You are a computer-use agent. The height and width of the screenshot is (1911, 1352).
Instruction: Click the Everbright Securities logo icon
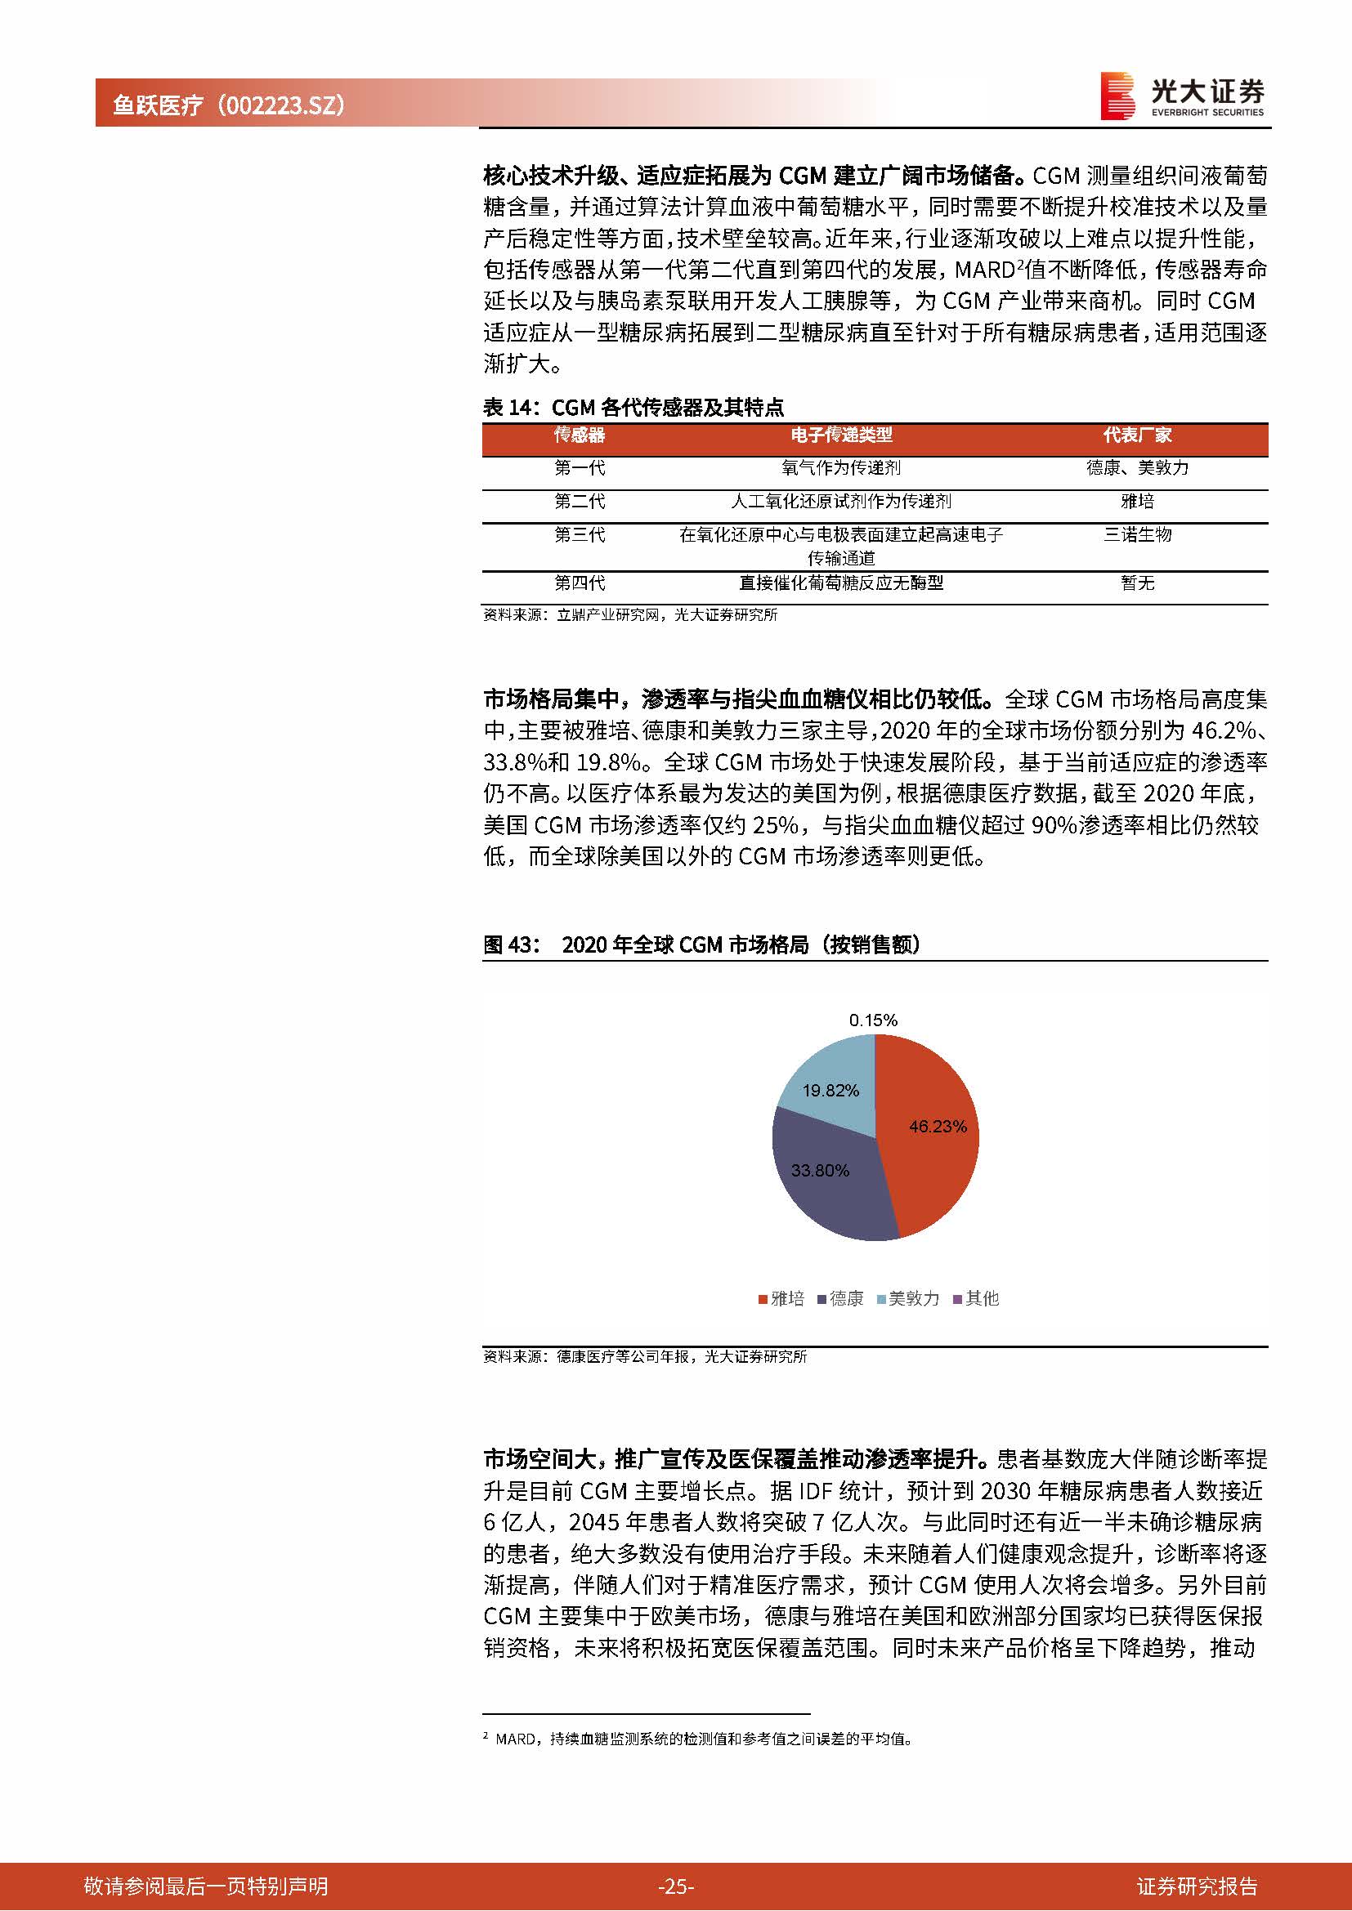click(1117, 96)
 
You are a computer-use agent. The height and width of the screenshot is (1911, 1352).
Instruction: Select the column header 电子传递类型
click(841, 435)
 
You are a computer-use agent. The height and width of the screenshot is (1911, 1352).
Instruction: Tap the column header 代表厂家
click(1137, 435)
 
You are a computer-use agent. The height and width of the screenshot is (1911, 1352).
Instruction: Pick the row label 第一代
click(580, 468)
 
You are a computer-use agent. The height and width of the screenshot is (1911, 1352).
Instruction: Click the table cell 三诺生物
click(1137, 534)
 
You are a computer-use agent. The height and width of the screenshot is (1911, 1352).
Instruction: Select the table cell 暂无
click(1137, 583)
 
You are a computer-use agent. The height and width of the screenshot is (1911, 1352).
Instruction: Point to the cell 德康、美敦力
click(1137, 468)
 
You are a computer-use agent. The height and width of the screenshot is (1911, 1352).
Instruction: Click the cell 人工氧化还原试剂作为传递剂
click(841, 501)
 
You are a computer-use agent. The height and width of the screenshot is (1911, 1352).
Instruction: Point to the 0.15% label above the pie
click(873, 1020)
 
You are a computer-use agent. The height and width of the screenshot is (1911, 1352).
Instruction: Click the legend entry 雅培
click(781, 1298)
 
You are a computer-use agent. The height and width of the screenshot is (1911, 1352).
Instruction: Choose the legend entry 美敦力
click(907, 1298)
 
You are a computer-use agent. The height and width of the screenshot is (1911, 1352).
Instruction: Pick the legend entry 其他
click(976, 1298)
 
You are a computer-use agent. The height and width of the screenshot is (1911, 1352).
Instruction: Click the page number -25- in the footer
click(675, 1886)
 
